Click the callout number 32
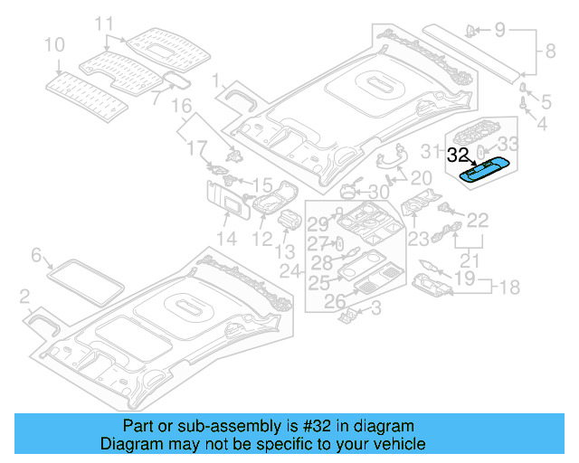pyautogui.click(x=459, y=155)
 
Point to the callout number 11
pyautogui.click(x=105, y=23)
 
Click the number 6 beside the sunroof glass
pyautogui.click(x=37, y=256)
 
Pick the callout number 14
pyautogui.click(x=226, y=239)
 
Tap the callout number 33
pyautogui.click(x=509, y=142)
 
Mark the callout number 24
pyautogui.click(x=289, y=270)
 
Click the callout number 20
pyautogui.click(x=422, y=178)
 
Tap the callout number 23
pyautogui.click(x=417, y=239)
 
